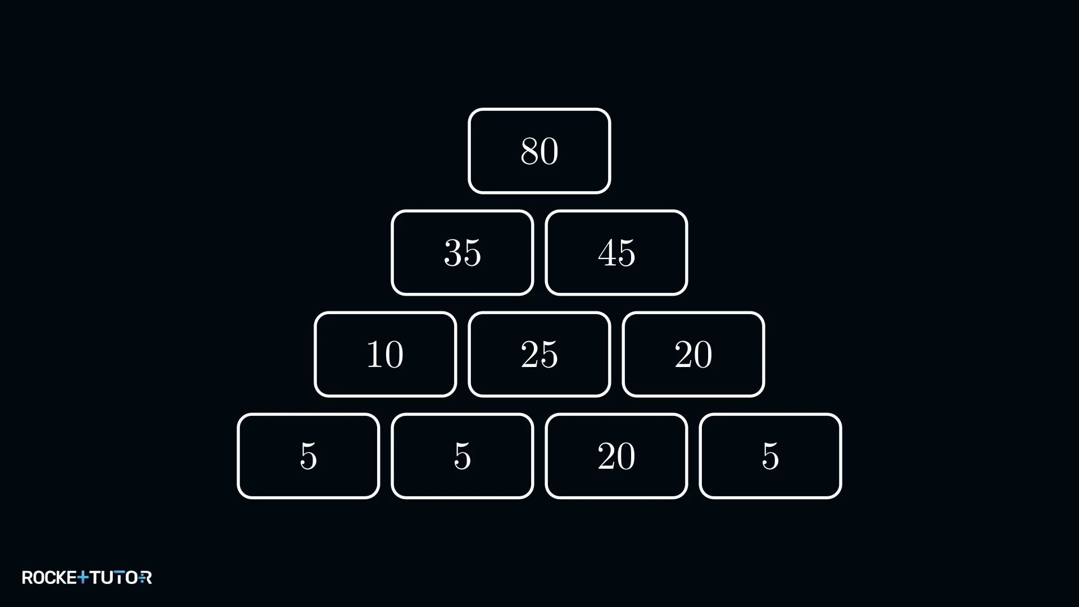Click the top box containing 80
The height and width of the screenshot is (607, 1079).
[x=539, y=151]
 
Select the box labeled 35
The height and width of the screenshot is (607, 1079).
[x=462, y=253]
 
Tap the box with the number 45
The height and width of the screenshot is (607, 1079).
[x=616, y=253]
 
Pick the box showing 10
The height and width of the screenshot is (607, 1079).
[x=385, y=355]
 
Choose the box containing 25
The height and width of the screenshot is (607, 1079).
[x=539, y=355]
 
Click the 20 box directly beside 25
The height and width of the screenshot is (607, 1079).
[x=693, y=355]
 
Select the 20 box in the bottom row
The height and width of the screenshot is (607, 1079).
[x=616, y=456]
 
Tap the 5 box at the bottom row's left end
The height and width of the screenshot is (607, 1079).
[x=308, y=456]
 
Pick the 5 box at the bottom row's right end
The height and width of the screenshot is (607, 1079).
[x=770, y=456]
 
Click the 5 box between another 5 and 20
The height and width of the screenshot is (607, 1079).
[x=462, y=456]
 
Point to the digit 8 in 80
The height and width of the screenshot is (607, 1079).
[x=529, y=151]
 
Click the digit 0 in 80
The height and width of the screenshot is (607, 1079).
[x=549, y=151]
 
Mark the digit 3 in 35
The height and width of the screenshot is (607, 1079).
[x=452, y=253]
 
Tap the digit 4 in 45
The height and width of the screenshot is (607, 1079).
[x=607, y=253]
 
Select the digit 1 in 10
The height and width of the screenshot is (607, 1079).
[x=375, y=355]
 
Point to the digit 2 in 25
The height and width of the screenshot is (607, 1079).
[x=529, y=355]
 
